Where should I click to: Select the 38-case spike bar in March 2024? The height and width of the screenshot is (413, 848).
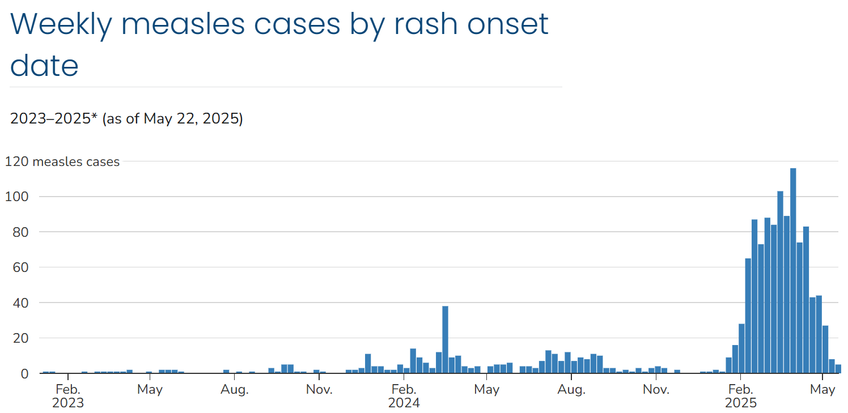coord(445,339)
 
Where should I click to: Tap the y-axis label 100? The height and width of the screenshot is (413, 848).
coord(16,197)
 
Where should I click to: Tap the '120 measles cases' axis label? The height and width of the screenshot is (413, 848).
coord(62,161)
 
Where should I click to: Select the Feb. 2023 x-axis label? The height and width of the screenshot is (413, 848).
coord(67,396)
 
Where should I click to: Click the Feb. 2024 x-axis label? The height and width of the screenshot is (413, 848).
coord(404,396)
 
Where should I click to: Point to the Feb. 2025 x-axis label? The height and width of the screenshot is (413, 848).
coord(740,396)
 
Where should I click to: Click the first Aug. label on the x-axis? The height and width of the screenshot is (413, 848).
coord(234,390)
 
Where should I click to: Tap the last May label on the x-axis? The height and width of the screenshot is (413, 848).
coord(822,390)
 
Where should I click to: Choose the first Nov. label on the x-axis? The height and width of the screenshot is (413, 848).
coord(319,390)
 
